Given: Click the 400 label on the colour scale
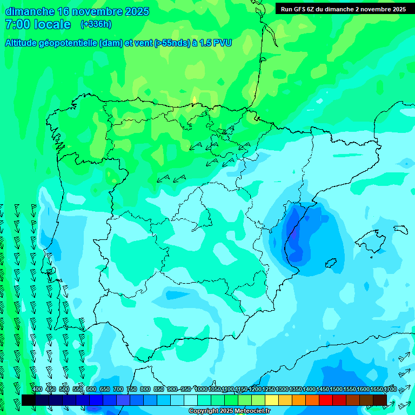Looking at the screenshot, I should pyautogui.click(x=37, y=389).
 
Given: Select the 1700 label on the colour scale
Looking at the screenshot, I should pyautogui.click(x=390, y=389).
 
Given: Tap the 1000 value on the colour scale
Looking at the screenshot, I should pyautogui.click(x=200, y=389).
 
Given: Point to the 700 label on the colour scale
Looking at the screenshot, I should pyautogui.click(x=118, y=389).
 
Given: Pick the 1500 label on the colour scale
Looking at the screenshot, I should pyautogui.click(x=336, y=389).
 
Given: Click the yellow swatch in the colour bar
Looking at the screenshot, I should pyautogui.click(x=272, y=400).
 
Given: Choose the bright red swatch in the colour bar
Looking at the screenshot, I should pyautogui.click(x=326, y=400).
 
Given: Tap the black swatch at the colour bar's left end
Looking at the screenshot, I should pyautogui.click(x=29, y=400).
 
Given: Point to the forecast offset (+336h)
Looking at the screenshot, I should pyautogui.click(x=96, y=24).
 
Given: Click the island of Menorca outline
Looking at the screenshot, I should pyautogui.click(x=400, y=229).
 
